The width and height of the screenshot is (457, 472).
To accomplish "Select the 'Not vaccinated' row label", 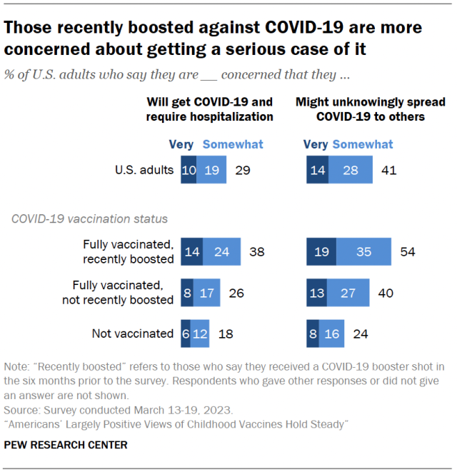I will (x=133, y=333).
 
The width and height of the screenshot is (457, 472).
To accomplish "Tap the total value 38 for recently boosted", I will (x=258, y=251).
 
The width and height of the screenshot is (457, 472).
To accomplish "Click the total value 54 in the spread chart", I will (x=408, y=251).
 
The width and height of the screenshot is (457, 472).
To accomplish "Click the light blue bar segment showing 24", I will (x=221, y=251).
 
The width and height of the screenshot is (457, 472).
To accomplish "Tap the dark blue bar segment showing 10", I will (x=189, y=170).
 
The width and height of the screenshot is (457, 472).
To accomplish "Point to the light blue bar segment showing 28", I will (x=351, y=170).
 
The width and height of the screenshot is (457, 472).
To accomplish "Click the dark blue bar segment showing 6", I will (x=186, y=333).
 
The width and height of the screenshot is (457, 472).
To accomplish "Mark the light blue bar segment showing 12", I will (x=201, y=333).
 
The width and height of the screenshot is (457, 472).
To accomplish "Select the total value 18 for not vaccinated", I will (x=226, y=333).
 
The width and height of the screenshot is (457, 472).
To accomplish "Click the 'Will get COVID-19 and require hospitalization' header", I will (x=210, y=109).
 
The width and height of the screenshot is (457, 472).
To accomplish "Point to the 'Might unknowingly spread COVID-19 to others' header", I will (x=360, y=109).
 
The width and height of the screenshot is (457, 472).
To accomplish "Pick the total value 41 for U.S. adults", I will (x=388, y=170).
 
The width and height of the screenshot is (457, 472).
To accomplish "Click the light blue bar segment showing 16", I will (x=332, y=333).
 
